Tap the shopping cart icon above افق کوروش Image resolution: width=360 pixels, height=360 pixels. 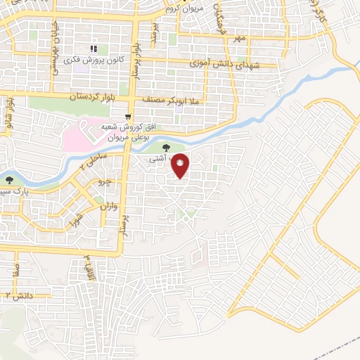pos(127,117)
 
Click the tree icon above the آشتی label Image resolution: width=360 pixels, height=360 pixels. pos(166,148)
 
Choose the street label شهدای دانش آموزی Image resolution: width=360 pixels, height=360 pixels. pos(222,64)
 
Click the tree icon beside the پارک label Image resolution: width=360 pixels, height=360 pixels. pos(9,181)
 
